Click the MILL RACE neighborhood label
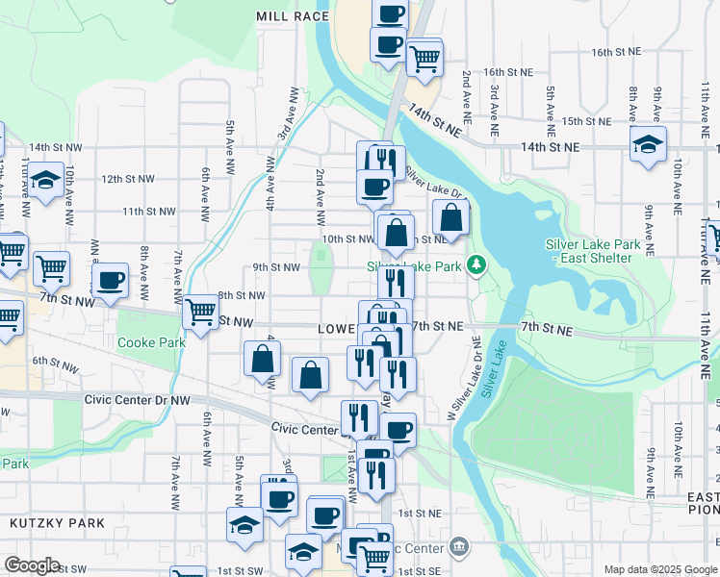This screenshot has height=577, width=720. pyautogui.click(x=293, y=16)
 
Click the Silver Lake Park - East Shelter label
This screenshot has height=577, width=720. pyautogui.click(x=592, y=251)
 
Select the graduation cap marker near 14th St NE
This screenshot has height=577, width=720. pyautogui.click(x=649, y=146)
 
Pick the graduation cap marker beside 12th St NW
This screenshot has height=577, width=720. pyautogui.click(x=44, y=180)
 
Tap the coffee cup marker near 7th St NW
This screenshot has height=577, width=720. pyautogui.click(x=111, y=281)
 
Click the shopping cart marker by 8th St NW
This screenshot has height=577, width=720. pyautogui.click(x=200, y=312)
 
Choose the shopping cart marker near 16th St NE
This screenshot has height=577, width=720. pyautogui.click(x=424, y=59)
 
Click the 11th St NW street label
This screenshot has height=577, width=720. pyautogui.click(x=148, y=212)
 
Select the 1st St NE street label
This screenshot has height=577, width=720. pyautogui.click(x=420, y=514)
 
